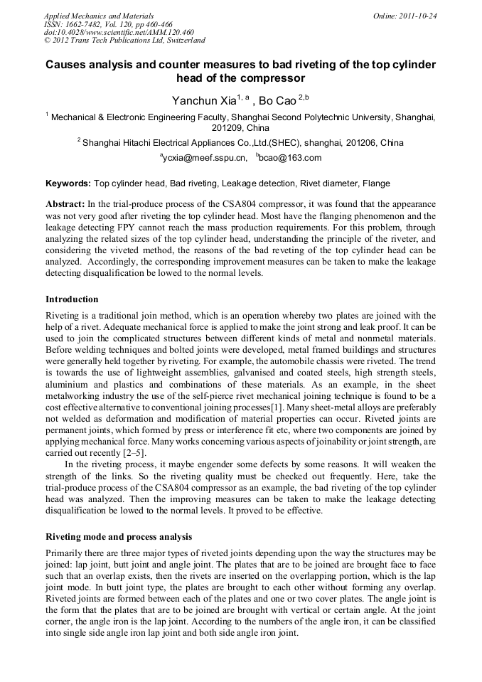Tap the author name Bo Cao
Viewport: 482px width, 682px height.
[x=278, y=101]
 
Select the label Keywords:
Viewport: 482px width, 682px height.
[x=68, y=183]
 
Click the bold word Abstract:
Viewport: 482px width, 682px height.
[x=65, y=203]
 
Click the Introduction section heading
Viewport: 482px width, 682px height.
[x=72, y=299]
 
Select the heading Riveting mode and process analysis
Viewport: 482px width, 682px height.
[x=119, y=536]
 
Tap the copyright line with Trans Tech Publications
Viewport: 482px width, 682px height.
[x=124, y=41]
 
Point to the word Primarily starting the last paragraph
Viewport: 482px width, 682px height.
[x=64, y=553]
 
